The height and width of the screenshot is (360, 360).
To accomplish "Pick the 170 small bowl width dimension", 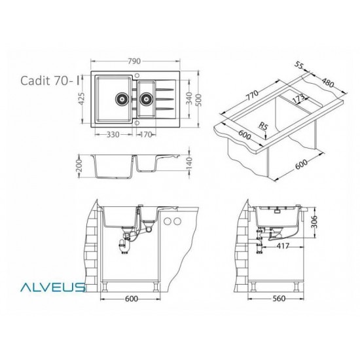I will point(145,135).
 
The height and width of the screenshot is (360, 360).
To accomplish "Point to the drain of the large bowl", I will point(121,100).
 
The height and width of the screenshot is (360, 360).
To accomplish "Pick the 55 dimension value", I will point(300,65).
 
